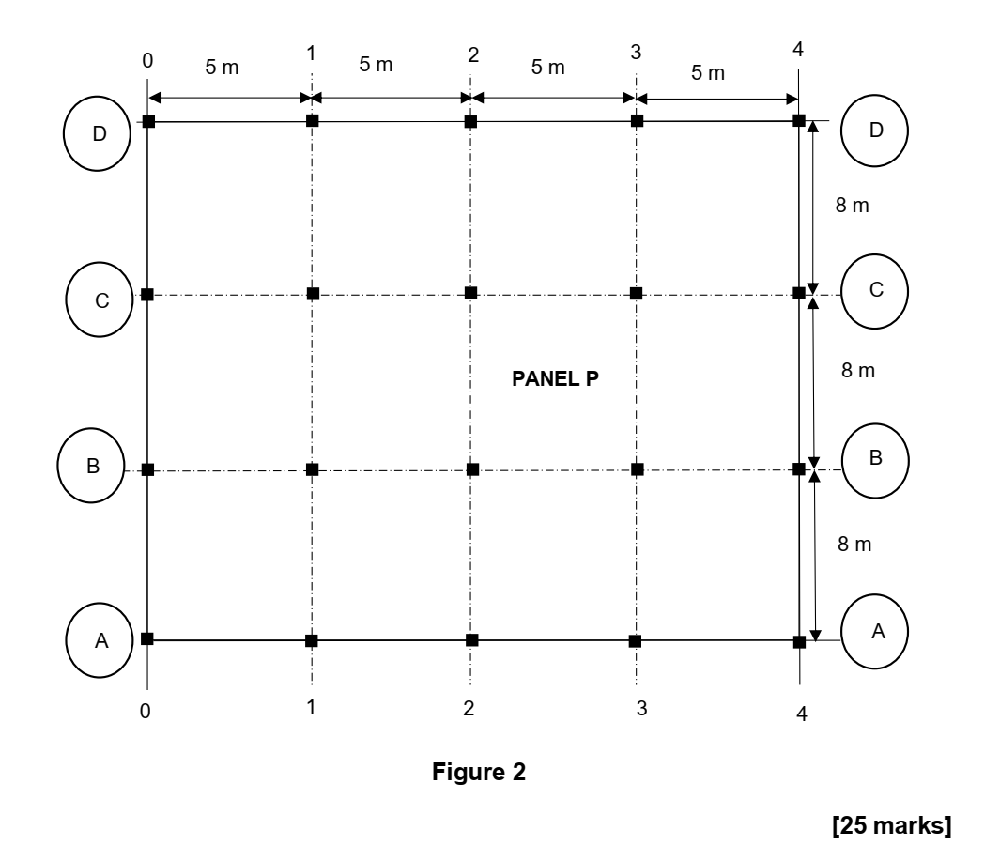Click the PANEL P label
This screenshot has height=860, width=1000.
555,381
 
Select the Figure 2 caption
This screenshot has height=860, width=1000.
479,773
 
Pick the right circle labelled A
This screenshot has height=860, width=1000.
877,633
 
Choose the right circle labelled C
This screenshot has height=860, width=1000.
875,290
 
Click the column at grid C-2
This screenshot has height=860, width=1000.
471,293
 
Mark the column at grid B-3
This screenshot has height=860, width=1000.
638,468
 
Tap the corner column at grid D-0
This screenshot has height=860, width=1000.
147,121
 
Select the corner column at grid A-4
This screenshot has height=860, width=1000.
799,642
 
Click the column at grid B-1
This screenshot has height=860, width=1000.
312,468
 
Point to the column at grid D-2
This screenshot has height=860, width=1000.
471,121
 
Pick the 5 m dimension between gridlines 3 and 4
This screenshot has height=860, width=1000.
708,73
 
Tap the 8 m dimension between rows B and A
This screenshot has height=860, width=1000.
854,545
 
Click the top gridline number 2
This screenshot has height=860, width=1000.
473,54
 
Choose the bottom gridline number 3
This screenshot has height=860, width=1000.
641,709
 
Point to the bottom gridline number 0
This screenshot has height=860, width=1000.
146,712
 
